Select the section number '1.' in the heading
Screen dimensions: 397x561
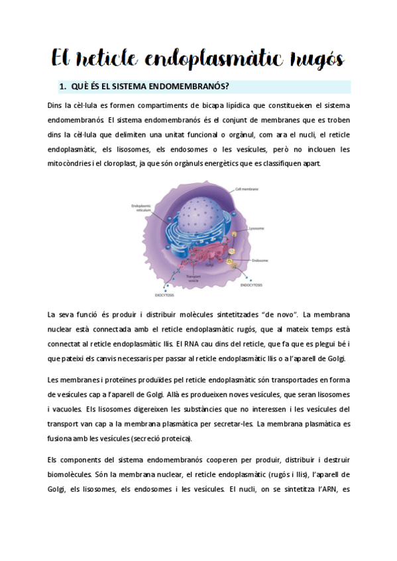coord(64,87)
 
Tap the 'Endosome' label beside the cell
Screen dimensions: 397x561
coord(260,261)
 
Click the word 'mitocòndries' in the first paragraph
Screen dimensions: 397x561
coord(72,163)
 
